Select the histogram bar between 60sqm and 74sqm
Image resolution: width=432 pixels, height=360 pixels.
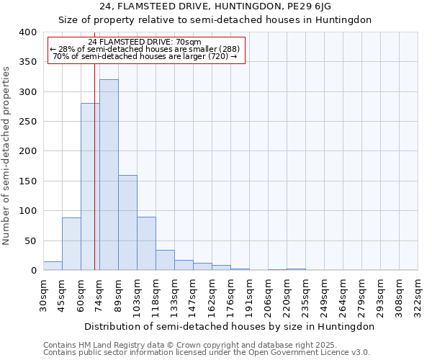click(x=90, y=186)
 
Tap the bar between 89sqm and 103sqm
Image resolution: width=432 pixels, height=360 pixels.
click(x=127, y=222)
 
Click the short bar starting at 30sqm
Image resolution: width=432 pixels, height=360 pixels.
click(x=53, y=266)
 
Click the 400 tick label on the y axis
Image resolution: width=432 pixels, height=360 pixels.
click(x=27, y=32)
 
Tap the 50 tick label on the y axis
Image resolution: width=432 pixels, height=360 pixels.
click(x=30, y=240)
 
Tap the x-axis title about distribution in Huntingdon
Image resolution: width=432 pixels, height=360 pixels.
click(x=230, y=326)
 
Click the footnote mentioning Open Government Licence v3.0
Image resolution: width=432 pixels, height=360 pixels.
click(x=206, y=352)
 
